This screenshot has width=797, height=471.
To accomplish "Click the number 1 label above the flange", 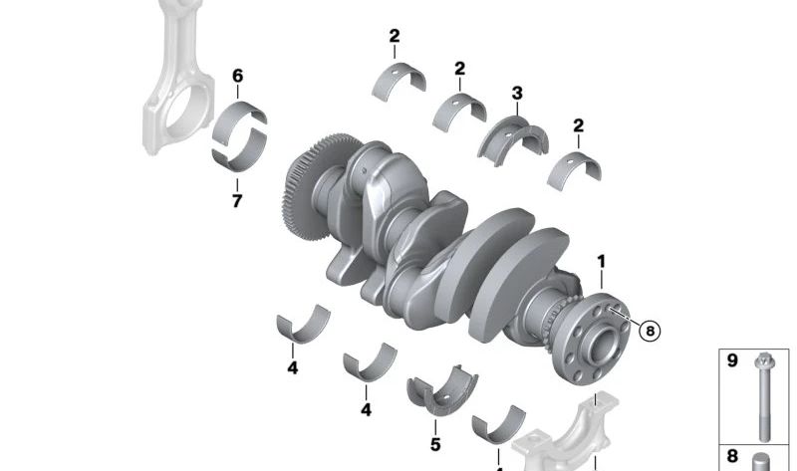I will (601, 262).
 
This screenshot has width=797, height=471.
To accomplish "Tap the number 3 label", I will (517, 94).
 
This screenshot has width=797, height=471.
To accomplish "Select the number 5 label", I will (435, 444).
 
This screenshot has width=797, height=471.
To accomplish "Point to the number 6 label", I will (237, 76).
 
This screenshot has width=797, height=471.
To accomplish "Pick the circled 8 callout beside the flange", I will (650, 331).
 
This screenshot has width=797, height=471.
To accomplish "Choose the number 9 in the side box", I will (732, 360).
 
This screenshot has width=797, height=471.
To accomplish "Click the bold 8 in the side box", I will (732, 457).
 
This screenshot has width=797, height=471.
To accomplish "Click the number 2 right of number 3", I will (578, 126).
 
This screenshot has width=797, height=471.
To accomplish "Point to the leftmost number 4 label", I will (293, 367).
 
